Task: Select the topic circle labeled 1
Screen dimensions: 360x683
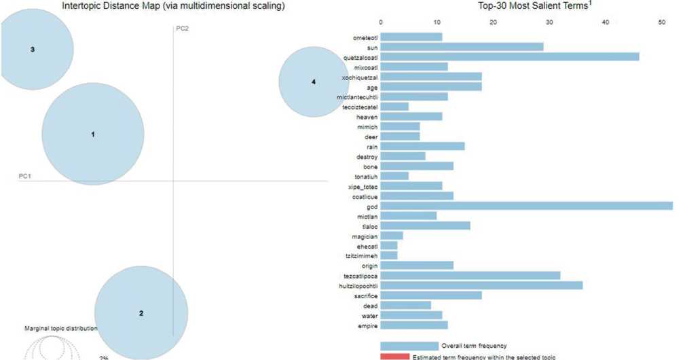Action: click(93, 134)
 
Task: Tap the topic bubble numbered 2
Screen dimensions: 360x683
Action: click(141, 313)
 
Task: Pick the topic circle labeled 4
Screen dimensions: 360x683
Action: click(313, 82)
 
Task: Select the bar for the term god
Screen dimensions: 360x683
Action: click(526, 206)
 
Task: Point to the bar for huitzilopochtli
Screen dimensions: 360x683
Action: click(481, 285)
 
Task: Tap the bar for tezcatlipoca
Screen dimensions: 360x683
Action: click(470, 276)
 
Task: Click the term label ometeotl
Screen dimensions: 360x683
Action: click(364, 37)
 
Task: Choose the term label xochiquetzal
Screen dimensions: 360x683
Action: click(359, 77)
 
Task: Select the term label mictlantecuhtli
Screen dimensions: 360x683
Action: click(356, 97)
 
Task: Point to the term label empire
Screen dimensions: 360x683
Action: click(367, 325)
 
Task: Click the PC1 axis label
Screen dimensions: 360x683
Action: click(25, 176)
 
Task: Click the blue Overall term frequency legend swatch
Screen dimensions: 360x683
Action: click(409, 346)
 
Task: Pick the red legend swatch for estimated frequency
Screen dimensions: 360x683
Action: click(394, 357)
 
